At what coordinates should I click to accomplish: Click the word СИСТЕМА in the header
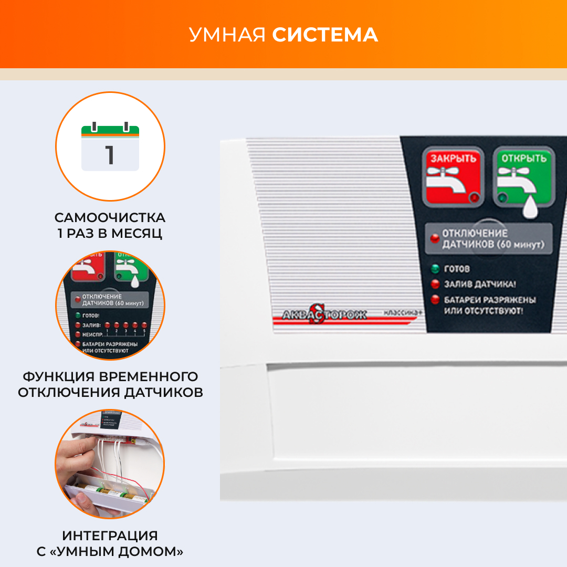324,35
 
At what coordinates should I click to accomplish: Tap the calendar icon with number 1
110,148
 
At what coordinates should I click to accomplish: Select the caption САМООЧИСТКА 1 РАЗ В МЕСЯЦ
110,225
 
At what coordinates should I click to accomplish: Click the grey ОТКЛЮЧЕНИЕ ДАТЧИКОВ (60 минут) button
489,239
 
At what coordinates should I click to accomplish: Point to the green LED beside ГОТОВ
435,269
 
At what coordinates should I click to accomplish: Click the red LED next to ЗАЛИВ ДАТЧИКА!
435,284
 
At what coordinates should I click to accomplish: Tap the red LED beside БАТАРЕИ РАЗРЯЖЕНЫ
435,300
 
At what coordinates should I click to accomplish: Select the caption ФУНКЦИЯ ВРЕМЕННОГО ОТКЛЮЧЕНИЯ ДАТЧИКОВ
110,384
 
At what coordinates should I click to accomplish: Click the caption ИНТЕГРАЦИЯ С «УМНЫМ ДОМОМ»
110,543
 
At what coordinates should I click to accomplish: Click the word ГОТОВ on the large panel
457,269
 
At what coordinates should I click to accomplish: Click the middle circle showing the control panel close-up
110,306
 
